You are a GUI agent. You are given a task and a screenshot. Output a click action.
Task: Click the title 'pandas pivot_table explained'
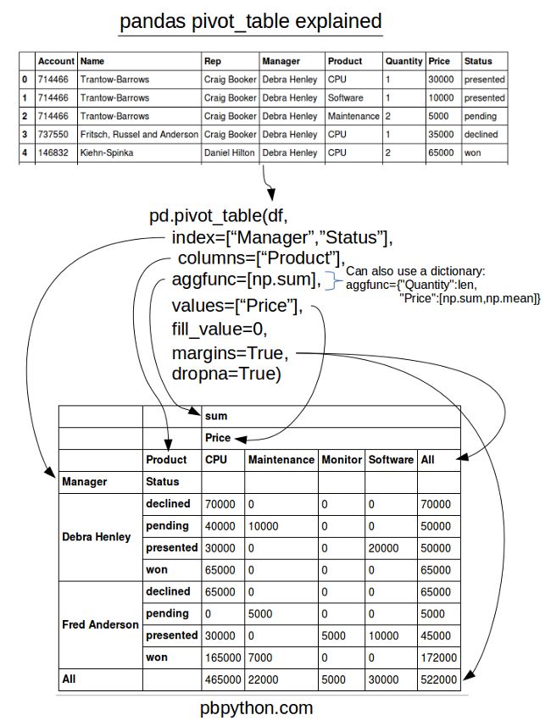[x=250, y=21]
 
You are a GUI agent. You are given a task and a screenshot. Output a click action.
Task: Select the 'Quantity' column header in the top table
[x=403, y=61]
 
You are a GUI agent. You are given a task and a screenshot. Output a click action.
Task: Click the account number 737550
[x=53, y=135]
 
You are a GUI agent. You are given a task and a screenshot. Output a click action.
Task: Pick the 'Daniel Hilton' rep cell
[x=230, y=153]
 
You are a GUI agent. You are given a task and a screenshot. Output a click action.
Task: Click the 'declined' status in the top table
[x=481, y=135]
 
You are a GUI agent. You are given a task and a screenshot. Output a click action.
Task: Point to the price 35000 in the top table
[x=442, y=135]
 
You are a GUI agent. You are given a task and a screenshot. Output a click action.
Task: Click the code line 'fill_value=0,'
[x=219, y=329]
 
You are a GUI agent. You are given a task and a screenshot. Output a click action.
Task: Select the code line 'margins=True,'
[x=230, y=352]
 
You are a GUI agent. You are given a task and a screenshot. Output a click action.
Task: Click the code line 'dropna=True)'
[x=225, y=374]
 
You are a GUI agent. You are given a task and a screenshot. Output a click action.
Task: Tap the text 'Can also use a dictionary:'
[x=415, y=271]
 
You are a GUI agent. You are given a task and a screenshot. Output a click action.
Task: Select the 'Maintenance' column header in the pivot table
[x=280, y=460]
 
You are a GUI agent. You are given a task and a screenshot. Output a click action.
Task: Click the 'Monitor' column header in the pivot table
[x=341, y=460]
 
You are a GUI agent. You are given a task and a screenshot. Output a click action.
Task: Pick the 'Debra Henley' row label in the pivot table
[x=97, y=537]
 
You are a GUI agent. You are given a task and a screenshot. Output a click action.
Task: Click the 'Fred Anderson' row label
[x=100, y=624]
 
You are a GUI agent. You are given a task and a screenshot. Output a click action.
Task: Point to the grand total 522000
[x=438, y=679]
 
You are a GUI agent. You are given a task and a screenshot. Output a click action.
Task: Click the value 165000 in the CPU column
[x=221, y=657]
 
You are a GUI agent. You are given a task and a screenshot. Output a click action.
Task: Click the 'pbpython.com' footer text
[x=262, y=707]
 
